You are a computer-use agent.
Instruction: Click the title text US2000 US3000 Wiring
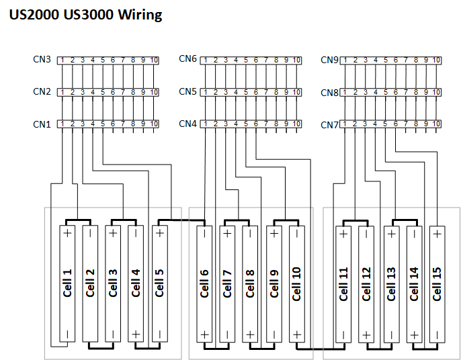[x=85, y=15]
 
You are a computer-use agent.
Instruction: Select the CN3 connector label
[x=42, y=59]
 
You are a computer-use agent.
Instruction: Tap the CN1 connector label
[x=42, y=124]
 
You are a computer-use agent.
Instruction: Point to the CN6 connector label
[x=187, y=59]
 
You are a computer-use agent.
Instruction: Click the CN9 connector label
[x=329, y=60]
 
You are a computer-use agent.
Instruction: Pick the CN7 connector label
[x=329, y=124]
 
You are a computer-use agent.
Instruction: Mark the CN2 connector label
[x=42, y=91]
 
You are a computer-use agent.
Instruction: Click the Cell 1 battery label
[x=67, y=283]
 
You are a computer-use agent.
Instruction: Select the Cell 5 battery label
[x=159, y=283]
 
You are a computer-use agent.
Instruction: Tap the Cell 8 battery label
[x=250, y=283]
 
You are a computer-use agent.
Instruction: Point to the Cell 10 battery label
[x=296, y=283]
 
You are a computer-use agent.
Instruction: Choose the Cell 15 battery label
[x=437, y=283]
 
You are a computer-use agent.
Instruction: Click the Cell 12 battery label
[x=366, y=283]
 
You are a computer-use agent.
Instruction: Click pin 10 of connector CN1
[x=154, y=124]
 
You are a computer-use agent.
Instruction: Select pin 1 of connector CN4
[x=205, y=124]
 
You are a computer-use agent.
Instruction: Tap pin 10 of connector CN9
[x=436, y=60]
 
